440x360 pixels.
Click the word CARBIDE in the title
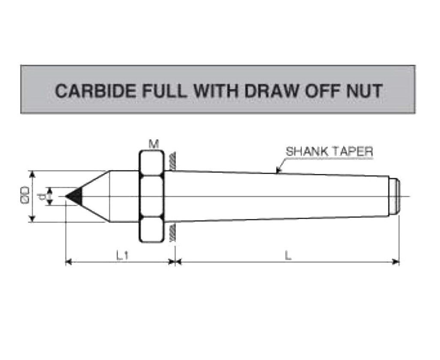(x=95, y=90)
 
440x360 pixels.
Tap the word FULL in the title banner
(x=164, y=90)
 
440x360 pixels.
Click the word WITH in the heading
(x=216, y=90)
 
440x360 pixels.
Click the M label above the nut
(x=154, y=144)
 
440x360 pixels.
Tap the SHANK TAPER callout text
(x=329, y=152)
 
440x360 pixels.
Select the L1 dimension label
(x=123, y=255)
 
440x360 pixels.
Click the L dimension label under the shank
(x=288, y=255)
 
